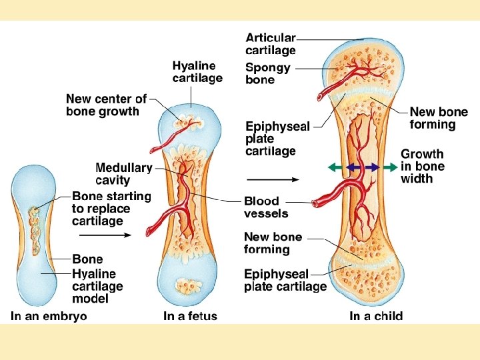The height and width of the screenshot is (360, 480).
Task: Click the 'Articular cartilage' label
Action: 271,44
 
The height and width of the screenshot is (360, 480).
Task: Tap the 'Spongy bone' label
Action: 268,73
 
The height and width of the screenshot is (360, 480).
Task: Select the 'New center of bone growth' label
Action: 106,105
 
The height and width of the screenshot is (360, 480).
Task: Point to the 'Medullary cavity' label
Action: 124,174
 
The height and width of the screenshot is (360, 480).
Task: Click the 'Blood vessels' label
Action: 266,207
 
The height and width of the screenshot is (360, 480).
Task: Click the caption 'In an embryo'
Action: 49,316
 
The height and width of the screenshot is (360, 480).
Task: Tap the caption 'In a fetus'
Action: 190,316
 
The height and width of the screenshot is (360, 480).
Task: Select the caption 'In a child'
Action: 376,316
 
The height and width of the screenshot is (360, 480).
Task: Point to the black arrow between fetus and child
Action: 271,179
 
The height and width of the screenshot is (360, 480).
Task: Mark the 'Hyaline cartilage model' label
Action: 99,286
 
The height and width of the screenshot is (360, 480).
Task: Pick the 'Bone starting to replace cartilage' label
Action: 111,208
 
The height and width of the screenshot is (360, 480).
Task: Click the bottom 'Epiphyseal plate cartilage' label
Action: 285,280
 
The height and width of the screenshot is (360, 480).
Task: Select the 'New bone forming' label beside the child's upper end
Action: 439,118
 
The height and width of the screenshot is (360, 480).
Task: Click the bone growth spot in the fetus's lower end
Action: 185,287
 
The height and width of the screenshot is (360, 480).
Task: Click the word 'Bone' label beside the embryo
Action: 87,259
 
